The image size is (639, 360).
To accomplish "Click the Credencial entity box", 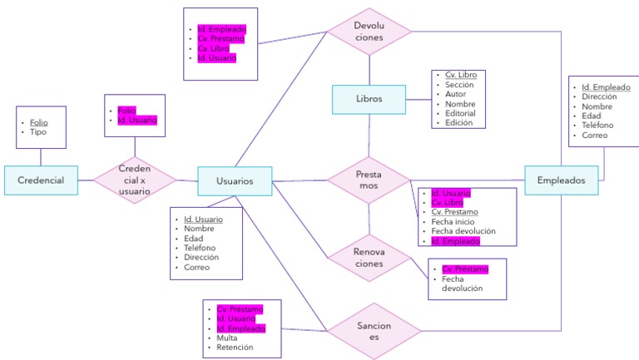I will click(41, 180).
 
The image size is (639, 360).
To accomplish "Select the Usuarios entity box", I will click(235, 180).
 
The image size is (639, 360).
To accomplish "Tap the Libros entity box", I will click(369, 99).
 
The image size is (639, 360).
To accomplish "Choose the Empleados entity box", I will click(561, 180).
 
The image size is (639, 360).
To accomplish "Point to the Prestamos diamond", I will click(369, 180).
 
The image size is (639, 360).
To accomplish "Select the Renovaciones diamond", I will click(369, 257).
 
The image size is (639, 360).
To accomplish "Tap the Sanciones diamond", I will click(369, 332).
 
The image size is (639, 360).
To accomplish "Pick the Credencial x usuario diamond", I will click(135, 180).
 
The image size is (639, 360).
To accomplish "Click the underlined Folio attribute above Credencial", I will click(39, 122).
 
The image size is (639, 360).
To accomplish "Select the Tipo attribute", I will click(38, 132).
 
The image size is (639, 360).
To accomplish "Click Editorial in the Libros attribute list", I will click(459, 113).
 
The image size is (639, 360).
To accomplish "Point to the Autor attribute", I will click(455, 94).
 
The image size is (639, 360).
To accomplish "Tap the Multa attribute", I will click(228, 338).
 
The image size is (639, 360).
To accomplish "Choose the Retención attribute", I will click(234, 348).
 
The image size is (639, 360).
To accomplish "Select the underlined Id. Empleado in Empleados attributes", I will click(605, 87).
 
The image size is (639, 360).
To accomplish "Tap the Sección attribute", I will click(458, 85).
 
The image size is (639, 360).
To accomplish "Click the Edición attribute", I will click(458, 122).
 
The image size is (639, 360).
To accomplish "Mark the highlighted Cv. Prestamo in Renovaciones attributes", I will click(464, 269).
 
